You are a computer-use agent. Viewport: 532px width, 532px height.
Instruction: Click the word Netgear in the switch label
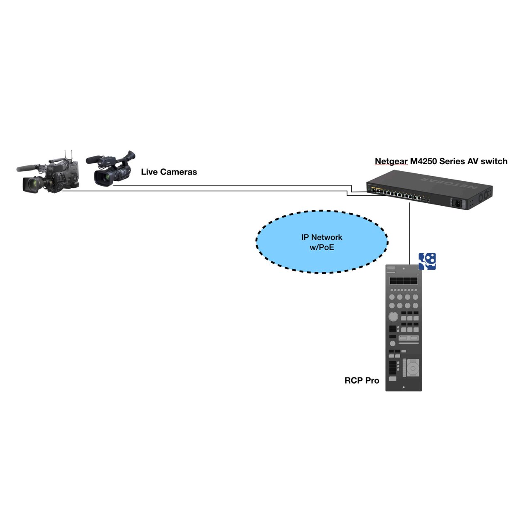point(391,161)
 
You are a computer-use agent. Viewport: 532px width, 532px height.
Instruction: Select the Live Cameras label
point(169,172)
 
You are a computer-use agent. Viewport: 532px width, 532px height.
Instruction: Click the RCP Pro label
point(362,380)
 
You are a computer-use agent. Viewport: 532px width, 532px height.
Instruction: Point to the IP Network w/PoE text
point(322,242)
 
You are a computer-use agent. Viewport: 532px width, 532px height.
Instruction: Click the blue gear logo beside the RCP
point(427,261)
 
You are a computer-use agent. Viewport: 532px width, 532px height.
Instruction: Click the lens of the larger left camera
point(30,184)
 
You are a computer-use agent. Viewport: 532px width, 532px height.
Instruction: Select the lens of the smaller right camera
point(101,177)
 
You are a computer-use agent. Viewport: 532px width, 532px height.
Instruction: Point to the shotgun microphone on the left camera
point(29,167)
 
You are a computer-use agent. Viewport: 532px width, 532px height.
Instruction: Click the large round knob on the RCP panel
point(393,317)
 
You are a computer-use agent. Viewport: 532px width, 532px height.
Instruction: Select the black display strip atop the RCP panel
point(403,281)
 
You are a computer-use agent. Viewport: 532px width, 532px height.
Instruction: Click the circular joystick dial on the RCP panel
point(413,368)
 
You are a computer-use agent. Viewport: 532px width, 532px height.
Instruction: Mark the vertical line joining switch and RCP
point(409,233)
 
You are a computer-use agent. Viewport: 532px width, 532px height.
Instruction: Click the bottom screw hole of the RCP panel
point(404,387)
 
